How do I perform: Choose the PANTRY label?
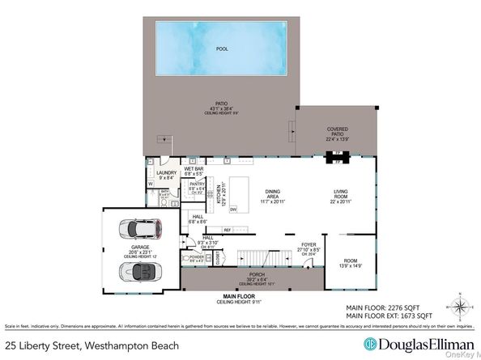[198, 186]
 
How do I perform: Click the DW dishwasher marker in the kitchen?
[233, 210]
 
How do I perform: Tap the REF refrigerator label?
[228, 231]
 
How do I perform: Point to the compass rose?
[458, 308]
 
